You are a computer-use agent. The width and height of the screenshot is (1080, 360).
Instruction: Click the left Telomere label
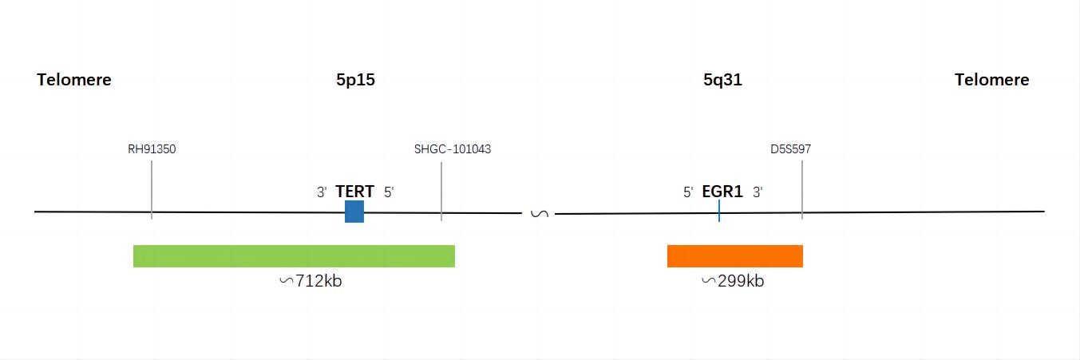(74, 80)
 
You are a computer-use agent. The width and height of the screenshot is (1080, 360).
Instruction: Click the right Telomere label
(991, 80)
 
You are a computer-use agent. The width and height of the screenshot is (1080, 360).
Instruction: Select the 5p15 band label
(355, 80)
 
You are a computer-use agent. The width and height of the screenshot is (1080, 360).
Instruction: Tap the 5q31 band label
(722, 80)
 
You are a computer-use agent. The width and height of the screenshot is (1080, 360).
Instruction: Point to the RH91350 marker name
(152, 149)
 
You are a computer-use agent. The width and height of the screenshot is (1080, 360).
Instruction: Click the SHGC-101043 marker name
(453, 149)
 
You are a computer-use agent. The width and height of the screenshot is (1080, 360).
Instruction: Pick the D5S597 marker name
(791, 149)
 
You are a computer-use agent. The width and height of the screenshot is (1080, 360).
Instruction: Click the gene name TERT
(355, 192)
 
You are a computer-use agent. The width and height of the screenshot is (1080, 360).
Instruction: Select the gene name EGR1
(722, 192)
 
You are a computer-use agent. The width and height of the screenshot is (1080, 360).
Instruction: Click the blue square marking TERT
(354, 212)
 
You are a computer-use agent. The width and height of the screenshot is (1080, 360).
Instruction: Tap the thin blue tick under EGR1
(719, 211)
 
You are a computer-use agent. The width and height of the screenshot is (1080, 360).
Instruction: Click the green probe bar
(294, 256)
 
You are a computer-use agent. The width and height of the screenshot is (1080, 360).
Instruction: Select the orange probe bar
(735, 256)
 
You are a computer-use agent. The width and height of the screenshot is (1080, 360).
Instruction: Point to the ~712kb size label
(311, 280)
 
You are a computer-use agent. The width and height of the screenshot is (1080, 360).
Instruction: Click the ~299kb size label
(733, 280)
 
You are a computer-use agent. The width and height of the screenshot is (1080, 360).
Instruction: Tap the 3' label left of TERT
(322, 192)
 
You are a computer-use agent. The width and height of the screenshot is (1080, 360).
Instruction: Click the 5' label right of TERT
(389, 192)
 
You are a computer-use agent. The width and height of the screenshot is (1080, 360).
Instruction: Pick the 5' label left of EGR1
(689, 192)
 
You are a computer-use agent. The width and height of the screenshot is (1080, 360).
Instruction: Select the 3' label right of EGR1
(758, 192)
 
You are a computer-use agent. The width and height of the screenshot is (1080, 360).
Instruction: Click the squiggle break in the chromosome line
(540, 213)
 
